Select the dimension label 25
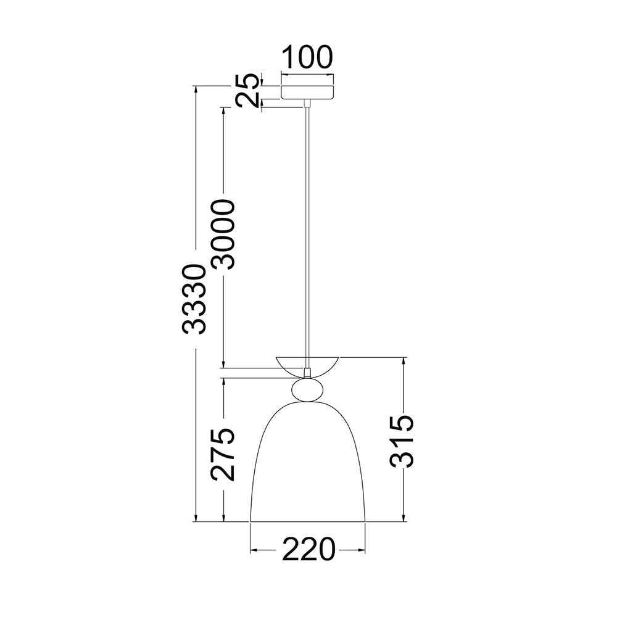pos(248,91)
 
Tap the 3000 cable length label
pos(223,234)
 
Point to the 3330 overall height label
pos(194,299)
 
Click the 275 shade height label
pos(223,455)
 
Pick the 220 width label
pos(308,549)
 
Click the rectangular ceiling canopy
pos(307,92)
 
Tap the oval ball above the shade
pos(308,390)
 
